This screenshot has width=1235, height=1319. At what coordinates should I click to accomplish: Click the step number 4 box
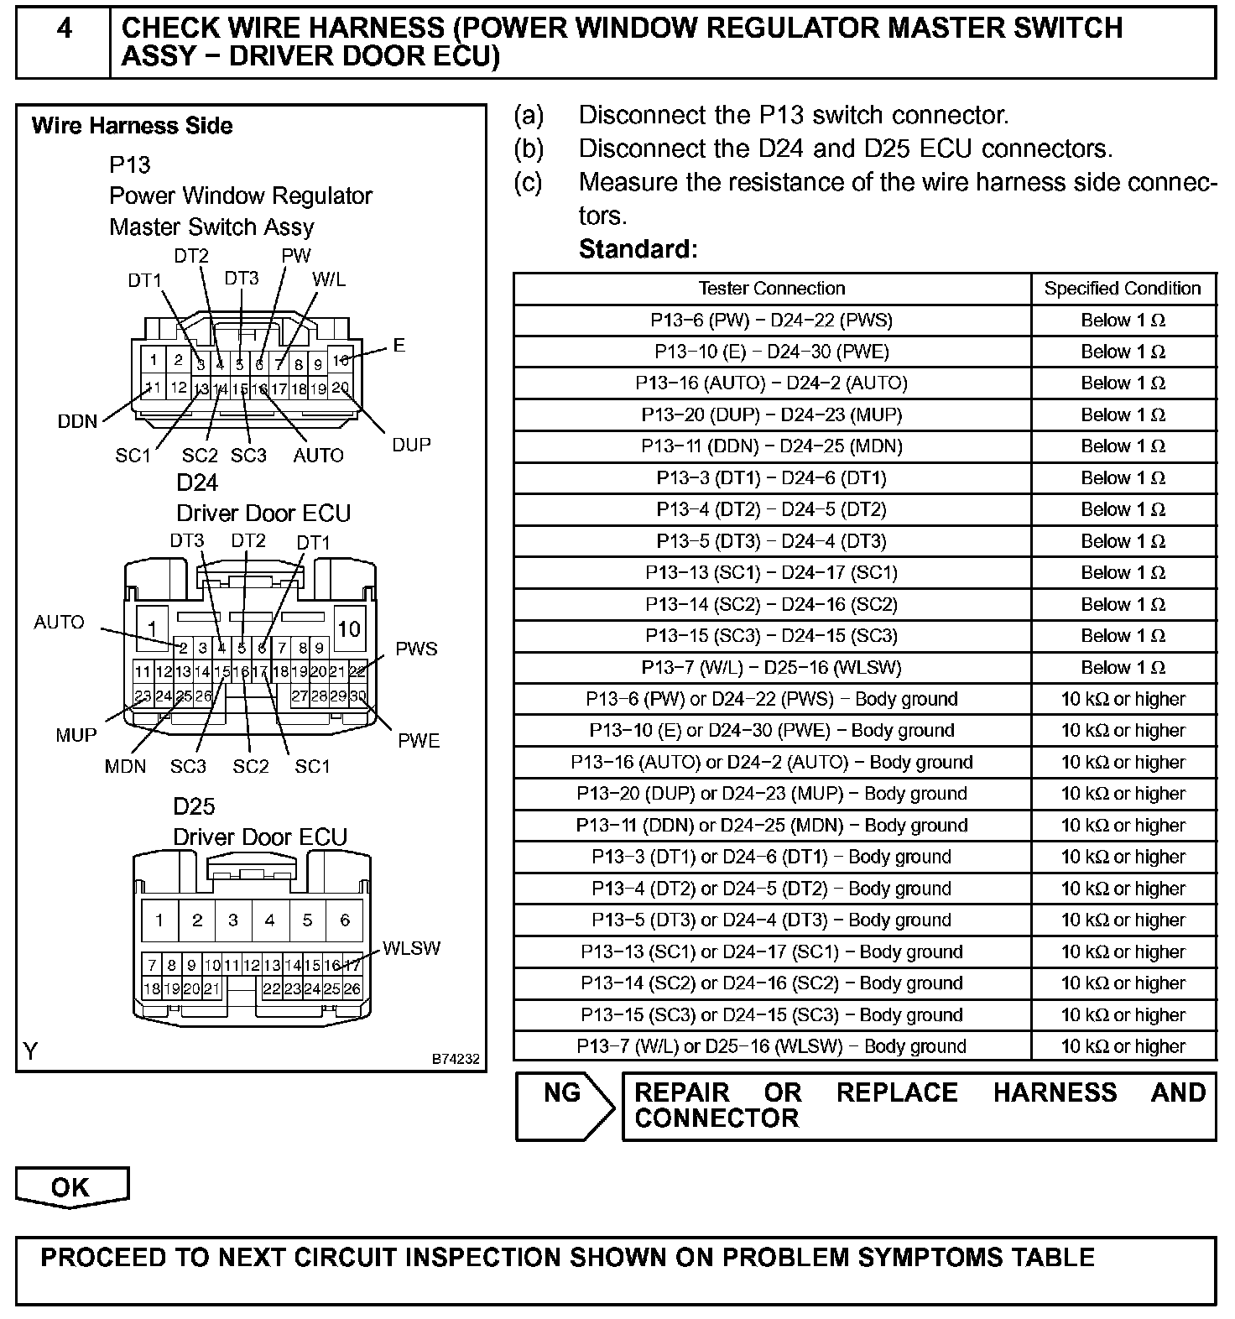(x=63, y=42)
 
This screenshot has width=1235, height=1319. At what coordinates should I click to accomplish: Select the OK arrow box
(x=72, y=1186)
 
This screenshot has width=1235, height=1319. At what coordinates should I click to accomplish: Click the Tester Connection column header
(x=772, y=289)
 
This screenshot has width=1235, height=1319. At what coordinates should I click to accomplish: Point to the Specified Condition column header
(x=1123, y=289)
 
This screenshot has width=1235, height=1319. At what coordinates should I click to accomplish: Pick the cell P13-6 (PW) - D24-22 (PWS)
(x=772, y=321)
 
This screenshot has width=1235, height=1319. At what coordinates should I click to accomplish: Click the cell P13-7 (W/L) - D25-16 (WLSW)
(x=772, y=668)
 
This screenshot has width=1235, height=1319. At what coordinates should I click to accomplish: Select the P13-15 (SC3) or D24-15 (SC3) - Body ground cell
(x=772, y=1015)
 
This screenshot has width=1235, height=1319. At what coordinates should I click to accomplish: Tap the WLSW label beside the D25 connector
(x=411, y=948)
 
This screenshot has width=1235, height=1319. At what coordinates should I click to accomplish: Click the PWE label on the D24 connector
(x=419, y=740)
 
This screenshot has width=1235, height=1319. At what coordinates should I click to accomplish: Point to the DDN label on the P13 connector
(x=77, y=421)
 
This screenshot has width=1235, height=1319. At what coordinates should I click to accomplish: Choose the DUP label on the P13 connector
(x=411, y=445)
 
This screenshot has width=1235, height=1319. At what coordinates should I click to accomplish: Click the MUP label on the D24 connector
(x=76, y=735)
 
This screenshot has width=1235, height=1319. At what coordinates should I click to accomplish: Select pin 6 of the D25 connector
(x=344, y=920)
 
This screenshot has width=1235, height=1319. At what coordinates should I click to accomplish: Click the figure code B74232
(x=456, y=1060)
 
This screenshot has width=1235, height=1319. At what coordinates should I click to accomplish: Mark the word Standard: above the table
(x=638, y=249)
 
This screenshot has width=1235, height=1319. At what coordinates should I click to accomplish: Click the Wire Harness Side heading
(x=133, y=126)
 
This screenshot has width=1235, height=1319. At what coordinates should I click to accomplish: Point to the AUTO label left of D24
(x=59, y=622)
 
